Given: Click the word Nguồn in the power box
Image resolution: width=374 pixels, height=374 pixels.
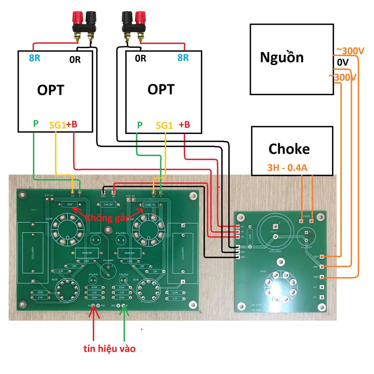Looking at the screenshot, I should (282, 57).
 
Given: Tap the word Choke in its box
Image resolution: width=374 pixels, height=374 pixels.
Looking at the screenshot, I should (289, 149).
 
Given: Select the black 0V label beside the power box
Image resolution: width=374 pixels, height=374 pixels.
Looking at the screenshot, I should (343, 63).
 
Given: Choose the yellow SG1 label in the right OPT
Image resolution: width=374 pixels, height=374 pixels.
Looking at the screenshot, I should (164, 125).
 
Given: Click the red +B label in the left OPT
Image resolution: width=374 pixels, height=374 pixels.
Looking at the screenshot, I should (72, 125).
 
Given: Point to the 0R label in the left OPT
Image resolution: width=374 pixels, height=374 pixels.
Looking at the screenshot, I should (75, 60).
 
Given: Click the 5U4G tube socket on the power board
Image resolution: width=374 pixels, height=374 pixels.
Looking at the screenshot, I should (280, 285).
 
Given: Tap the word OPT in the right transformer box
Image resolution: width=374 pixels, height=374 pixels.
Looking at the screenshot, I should (161, 89).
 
